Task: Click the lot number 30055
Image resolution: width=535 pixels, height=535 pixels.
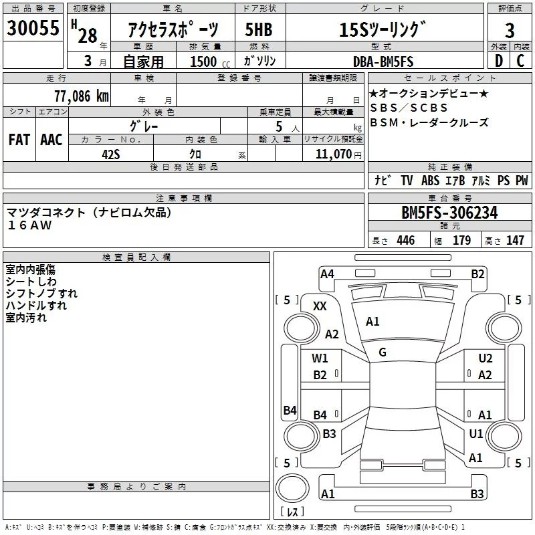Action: [x=33, y=27]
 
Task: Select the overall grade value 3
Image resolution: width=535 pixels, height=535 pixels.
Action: [x=510, y=31]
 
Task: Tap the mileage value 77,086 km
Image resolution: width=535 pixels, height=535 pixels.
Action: [x=82, y=96]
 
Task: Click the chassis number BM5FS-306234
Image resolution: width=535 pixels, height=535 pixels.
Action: [x=449, y=213]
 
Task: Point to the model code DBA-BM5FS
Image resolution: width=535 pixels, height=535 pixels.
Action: [x=383, y=62]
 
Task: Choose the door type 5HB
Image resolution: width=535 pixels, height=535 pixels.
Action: [x=259, y=29]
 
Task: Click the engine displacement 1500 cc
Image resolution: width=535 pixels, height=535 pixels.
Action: [x=210, y=62]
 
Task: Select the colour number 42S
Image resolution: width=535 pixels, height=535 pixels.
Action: [x=111, y=154]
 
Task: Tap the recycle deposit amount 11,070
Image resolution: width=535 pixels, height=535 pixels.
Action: [x=334, y=154]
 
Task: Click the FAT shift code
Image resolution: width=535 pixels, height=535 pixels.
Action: [x=19, y=140]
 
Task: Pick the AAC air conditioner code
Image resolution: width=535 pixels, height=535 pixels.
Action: [x=51, y=140]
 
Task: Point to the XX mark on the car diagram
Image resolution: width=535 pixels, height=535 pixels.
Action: [x=320, y=306]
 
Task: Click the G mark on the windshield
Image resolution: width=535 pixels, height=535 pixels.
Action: [x=383, y=352]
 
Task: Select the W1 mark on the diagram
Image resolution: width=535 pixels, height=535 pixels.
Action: [x=320, y=358]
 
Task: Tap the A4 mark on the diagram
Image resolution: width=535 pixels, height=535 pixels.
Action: [x=327, y=274]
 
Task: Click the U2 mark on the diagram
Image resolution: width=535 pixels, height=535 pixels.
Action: [x=486, y=358]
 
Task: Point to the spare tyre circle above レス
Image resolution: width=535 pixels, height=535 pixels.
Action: [x=292, y=488]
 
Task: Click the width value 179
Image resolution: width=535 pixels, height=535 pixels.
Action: [x=461, y=240]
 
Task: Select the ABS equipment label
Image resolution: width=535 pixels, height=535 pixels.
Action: [x=430, y=181]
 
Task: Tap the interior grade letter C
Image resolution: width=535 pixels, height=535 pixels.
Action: [x=520, y=61]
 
